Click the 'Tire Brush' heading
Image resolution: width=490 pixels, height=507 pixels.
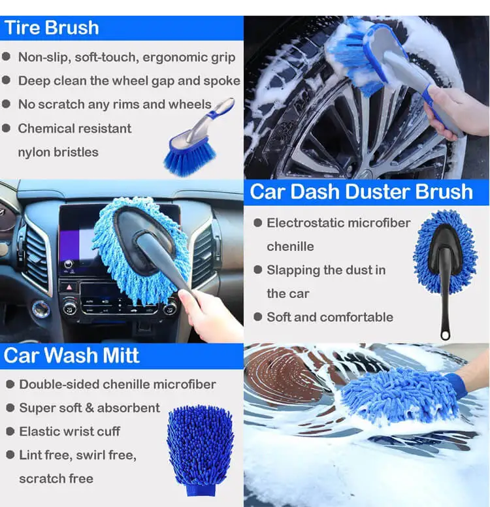click(52, 28)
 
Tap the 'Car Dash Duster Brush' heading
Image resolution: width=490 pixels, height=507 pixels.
click(361, 191)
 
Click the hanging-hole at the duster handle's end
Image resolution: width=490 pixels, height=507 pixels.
click(446, 335)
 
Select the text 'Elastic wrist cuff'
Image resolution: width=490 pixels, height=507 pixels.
click(69, 431)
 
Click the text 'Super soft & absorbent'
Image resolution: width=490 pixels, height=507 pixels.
click(89, 408)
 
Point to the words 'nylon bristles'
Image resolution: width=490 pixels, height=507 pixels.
click(58, 152)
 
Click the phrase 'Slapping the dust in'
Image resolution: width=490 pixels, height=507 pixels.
click(326, 270)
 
